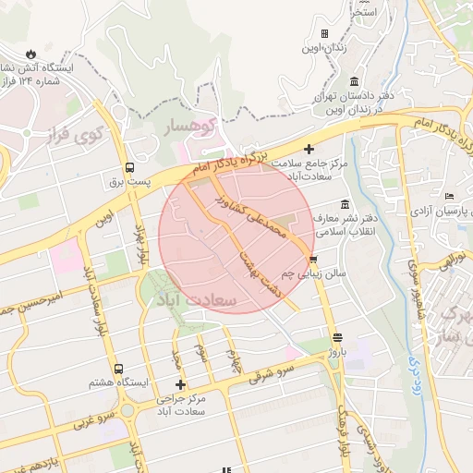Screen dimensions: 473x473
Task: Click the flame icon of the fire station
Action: (32, 53)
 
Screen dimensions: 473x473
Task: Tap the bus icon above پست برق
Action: (129, 168)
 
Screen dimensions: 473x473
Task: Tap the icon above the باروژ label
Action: (337, 338)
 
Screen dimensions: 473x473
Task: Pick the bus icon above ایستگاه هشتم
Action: (116, 369)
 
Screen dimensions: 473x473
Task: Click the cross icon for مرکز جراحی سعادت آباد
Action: (180, 384)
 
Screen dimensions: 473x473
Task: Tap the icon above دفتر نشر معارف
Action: (345, 203)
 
